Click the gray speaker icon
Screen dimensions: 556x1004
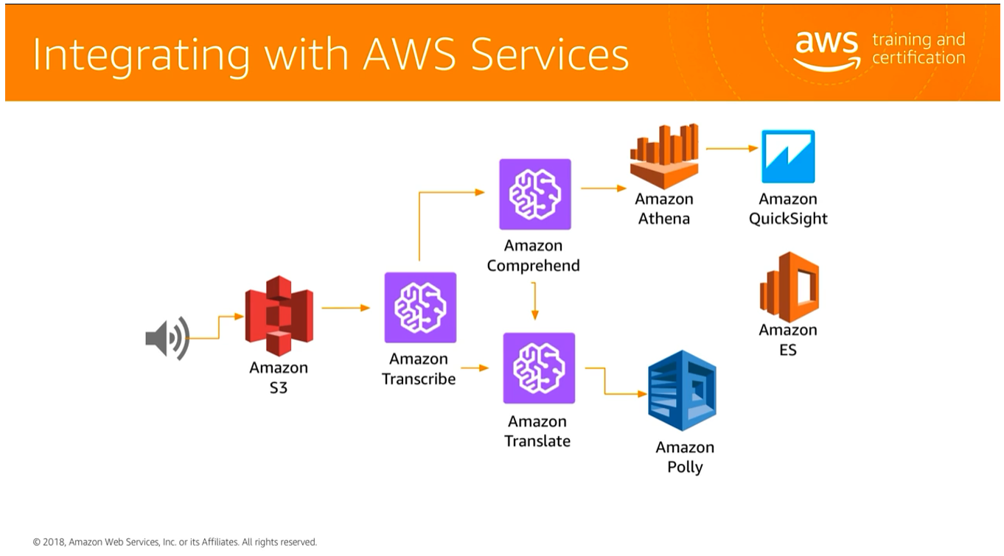click(x=167, y=338)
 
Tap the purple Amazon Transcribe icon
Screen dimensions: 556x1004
click(x=420, y=307)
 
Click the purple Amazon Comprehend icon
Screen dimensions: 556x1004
click(x=534, y=194)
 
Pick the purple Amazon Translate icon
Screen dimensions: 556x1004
click(x=538, y=367)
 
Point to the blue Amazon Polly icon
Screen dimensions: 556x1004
click(x=682, y=390)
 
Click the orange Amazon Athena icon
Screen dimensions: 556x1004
click(x=664, y=156)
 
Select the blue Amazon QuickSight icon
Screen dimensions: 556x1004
click(x=788, y=156)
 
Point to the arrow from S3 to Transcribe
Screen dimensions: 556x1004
click(x=345, y=308)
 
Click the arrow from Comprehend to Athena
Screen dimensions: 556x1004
click(x=603, y=189)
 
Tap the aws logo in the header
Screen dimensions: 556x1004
click(x=826, y=51)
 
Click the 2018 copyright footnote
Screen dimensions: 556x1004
click(x=175, y=542)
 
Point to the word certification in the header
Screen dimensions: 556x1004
click(x=918, y=58)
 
